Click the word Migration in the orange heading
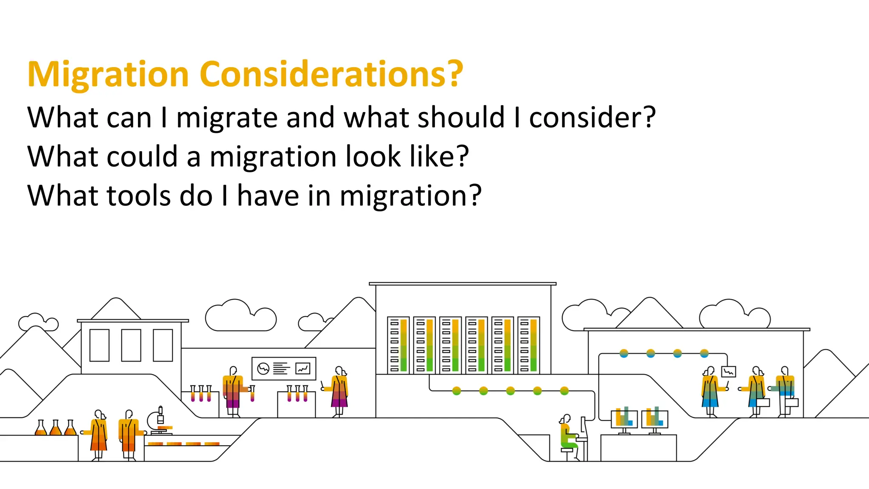108,74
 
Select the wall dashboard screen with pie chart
284,368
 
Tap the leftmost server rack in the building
398,345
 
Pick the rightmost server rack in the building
528,345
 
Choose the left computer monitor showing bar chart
624,419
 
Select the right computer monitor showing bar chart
654,419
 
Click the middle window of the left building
131,345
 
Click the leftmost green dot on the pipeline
457,391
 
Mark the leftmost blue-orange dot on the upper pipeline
624,353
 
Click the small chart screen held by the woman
729,372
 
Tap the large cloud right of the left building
241,316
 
